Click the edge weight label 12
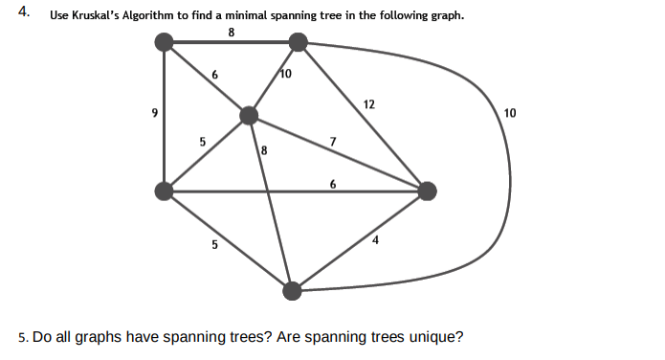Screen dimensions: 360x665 pos(369,103)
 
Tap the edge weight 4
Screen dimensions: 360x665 pos(376,239)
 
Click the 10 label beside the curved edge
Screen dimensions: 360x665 pos(509,113)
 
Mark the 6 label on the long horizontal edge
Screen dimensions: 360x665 pos(332,183)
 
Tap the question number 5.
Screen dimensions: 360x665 pos(22,337)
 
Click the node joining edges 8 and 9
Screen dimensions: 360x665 pos(165,41)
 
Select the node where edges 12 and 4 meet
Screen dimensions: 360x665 pos(427,191)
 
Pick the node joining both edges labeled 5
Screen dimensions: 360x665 pos(165,191)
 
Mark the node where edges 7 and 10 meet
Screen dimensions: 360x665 pos(250,116)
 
